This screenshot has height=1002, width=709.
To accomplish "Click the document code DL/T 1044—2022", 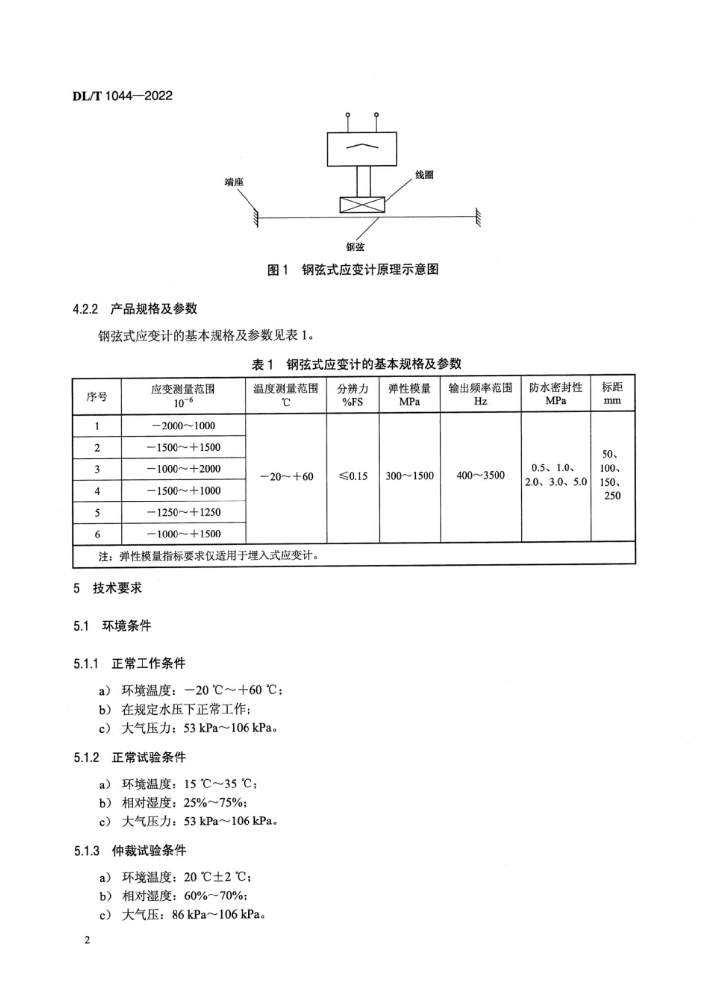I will [123, 96].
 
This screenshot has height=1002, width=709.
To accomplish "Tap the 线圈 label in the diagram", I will [424, 175].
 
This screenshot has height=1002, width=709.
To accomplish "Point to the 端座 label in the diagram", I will [234, 182].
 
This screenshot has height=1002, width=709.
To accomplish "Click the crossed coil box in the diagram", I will [362, 204].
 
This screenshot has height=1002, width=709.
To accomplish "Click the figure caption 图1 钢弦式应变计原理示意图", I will [353, 270].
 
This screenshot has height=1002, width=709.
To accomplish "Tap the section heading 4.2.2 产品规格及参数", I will [136, 309].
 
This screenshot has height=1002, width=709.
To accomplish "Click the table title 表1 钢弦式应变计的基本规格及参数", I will [356, 364].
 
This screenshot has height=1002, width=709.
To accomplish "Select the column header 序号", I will [97, 396].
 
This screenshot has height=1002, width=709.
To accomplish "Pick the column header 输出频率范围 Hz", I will [480, 394].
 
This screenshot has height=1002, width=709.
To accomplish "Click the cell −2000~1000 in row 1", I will [183, 426].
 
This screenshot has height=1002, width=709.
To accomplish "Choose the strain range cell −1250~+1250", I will [183, 512].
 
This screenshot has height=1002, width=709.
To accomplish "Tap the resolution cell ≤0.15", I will [353, 476].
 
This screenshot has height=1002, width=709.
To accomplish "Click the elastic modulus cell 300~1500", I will [409, 476].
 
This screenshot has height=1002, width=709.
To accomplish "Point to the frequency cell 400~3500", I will [480, 476].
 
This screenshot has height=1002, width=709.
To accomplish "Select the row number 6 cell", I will [97, 534].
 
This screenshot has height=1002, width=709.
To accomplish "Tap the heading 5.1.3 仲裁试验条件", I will [130, 851].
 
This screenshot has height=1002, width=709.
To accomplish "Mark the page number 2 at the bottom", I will [87, 940].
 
